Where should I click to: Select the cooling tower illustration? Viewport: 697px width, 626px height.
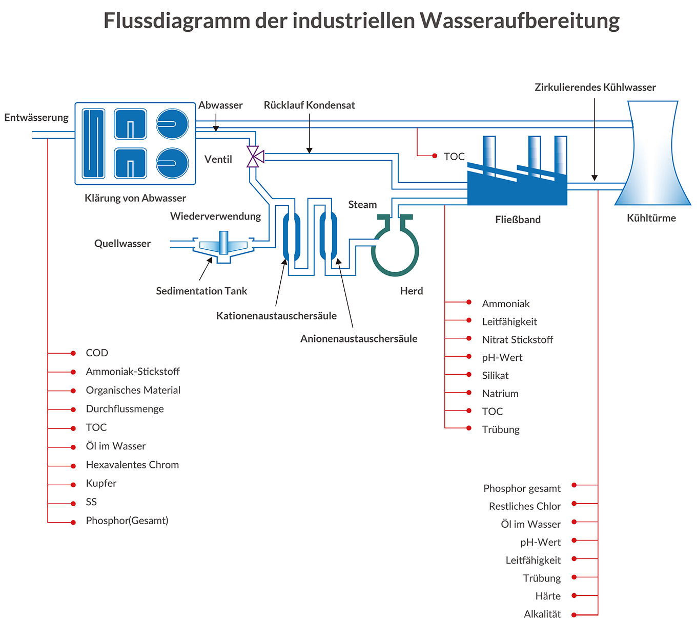pos(652,154)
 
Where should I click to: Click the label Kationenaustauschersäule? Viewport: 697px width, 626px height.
pos(276,316)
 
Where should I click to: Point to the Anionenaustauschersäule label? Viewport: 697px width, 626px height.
pos(359,339)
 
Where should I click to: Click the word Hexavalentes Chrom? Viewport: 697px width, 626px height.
pos(132,465)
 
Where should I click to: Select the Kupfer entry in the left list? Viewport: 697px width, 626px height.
pos(101,483)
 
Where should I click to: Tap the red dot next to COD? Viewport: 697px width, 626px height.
pos(73,353)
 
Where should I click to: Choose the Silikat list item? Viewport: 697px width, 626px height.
pos(495,376)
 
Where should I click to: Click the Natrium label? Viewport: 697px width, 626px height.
pos(500,394)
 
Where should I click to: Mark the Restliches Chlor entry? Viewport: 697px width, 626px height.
pos(524,506)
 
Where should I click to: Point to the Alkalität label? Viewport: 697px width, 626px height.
pos(542,614)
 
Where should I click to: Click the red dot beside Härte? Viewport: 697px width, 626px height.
pos(575,595)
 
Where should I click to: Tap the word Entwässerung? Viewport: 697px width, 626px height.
pos(36,118)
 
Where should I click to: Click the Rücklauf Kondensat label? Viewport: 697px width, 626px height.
pos(309,105)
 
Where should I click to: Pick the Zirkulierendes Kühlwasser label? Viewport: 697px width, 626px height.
pos(595,88)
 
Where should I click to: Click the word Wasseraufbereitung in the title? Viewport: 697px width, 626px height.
pos(520,21)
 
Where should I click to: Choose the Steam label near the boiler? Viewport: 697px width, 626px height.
pos(362,205)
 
